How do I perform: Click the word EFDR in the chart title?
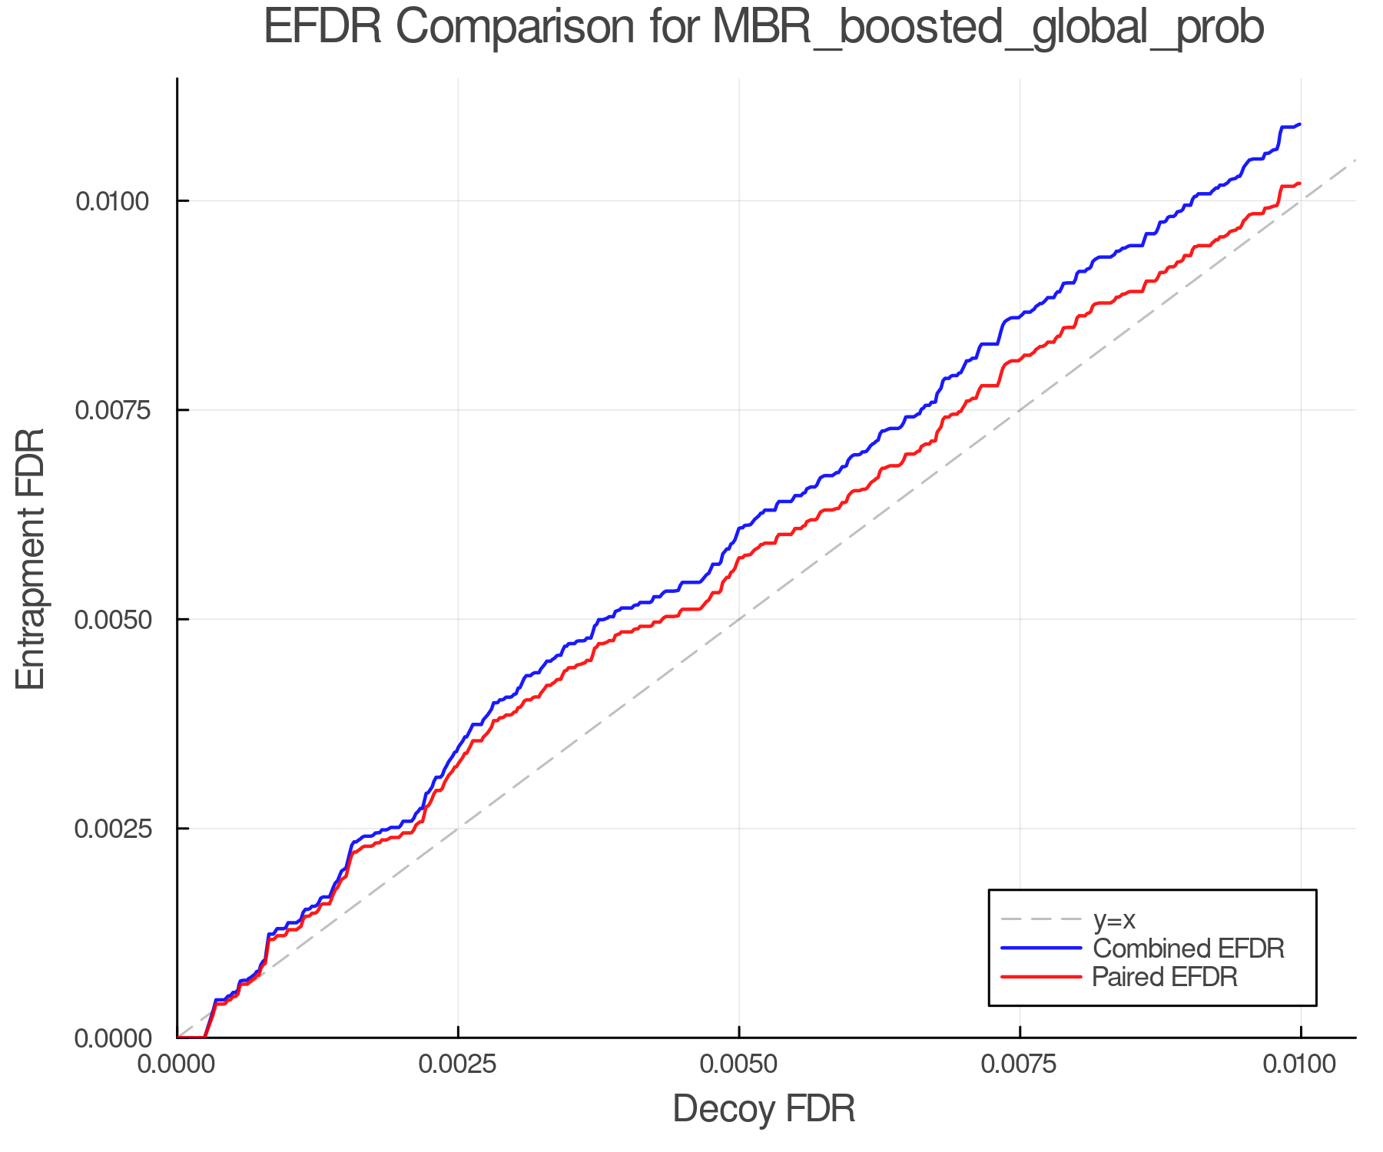tap(322, 28)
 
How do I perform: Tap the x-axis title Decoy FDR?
tap(764, 1109)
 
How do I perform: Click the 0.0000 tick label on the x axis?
tap(177, 1064)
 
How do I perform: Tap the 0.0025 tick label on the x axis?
tap(458, 1064)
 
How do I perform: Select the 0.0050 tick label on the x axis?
tap(739, 1064)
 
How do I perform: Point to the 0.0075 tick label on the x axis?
tap(1020, 1064)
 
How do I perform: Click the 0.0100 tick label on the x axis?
tap(1300, 1064)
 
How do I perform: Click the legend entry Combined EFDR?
tap(1188, 948)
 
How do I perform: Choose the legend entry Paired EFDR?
tap(1165, 977)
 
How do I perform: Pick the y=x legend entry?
tap(1114, 919)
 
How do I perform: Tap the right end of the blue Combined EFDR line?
tap(1299, 124)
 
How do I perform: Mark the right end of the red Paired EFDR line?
tap(1299, 183)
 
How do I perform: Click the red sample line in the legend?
tap(1041, 977)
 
